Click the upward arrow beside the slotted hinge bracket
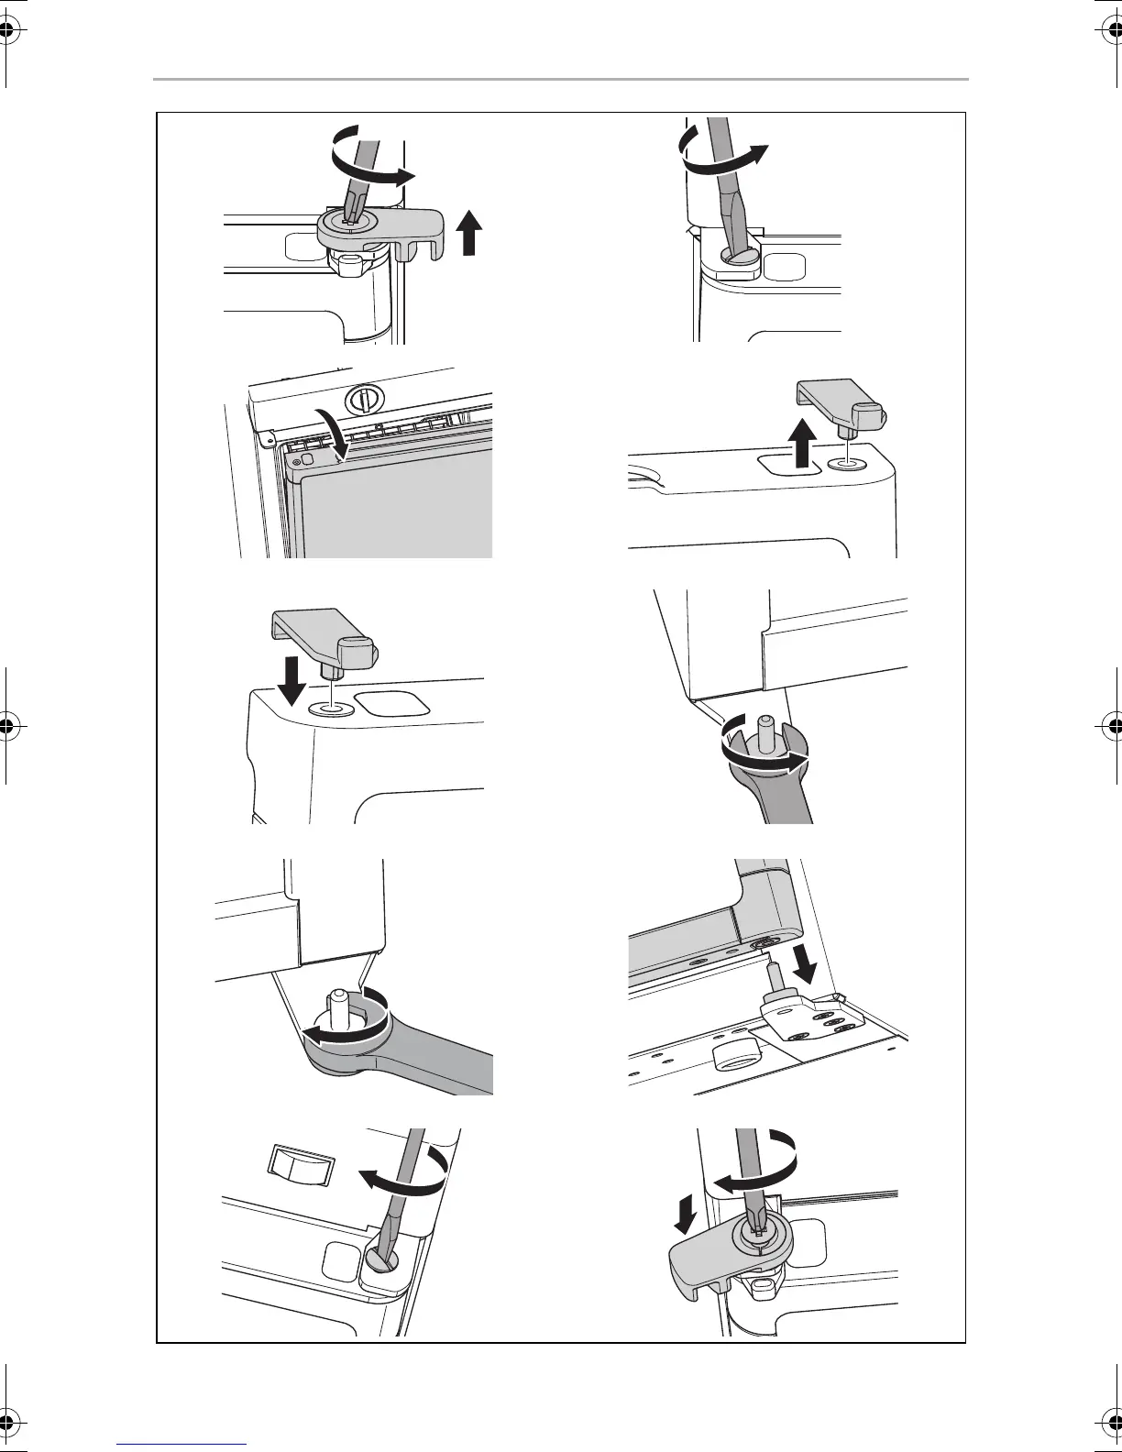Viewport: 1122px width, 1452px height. click(469, 232)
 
